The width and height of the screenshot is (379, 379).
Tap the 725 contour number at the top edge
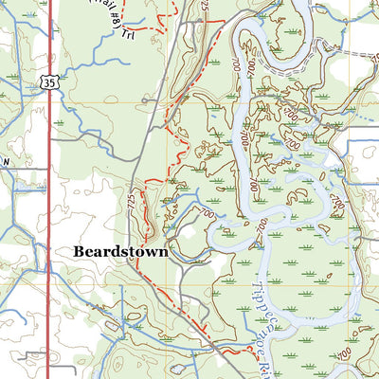[x=205, y=6]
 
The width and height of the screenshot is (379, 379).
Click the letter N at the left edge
[x=4, y=162]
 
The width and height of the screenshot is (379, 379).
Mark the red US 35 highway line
[x=48, y=189]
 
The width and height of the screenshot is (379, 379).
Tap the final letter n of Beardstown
[x=162, y=253]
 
